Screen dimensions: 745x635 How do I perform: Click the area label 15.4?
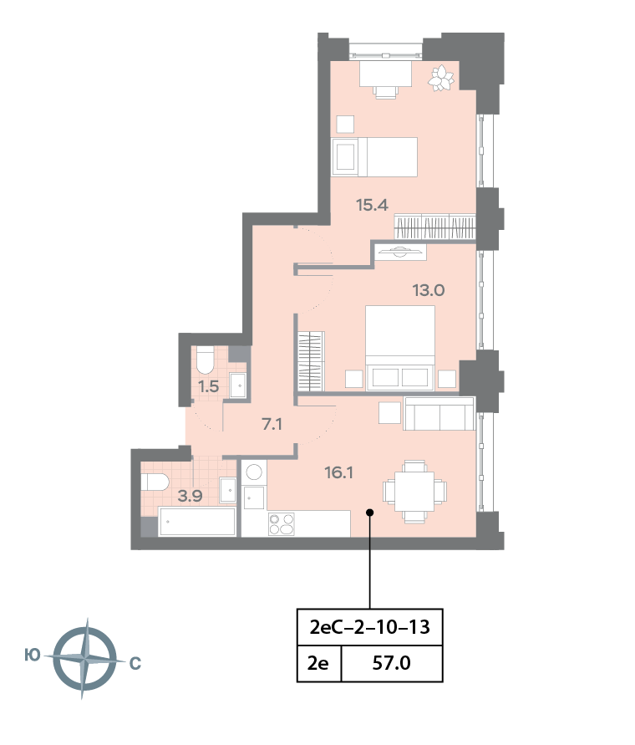[x=373, y=205]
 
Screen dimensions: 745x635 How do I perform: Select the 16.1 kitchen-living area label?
[x=339, y=472]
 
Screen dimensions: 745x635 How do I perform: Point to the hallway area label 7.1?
[x=272, y=424]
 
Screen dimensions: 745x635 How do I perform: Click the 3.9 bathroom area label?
[x=190, y=495]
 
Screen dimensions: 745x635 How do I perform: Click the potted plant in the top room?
[x=441, y=79]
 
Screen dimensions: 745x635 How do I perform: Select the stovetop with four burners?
[x=282, y=523]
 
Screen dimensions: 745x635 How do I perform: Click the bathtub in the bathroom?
[x=197, y=523]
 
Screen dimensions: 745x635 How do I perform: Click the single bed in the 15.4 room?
[x=374, y=157]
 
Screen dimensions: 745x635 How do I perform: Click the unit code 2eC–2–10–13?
[x=369, y=625]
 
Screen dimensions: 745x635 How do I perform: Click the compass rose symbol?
[x=84, y=659]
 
